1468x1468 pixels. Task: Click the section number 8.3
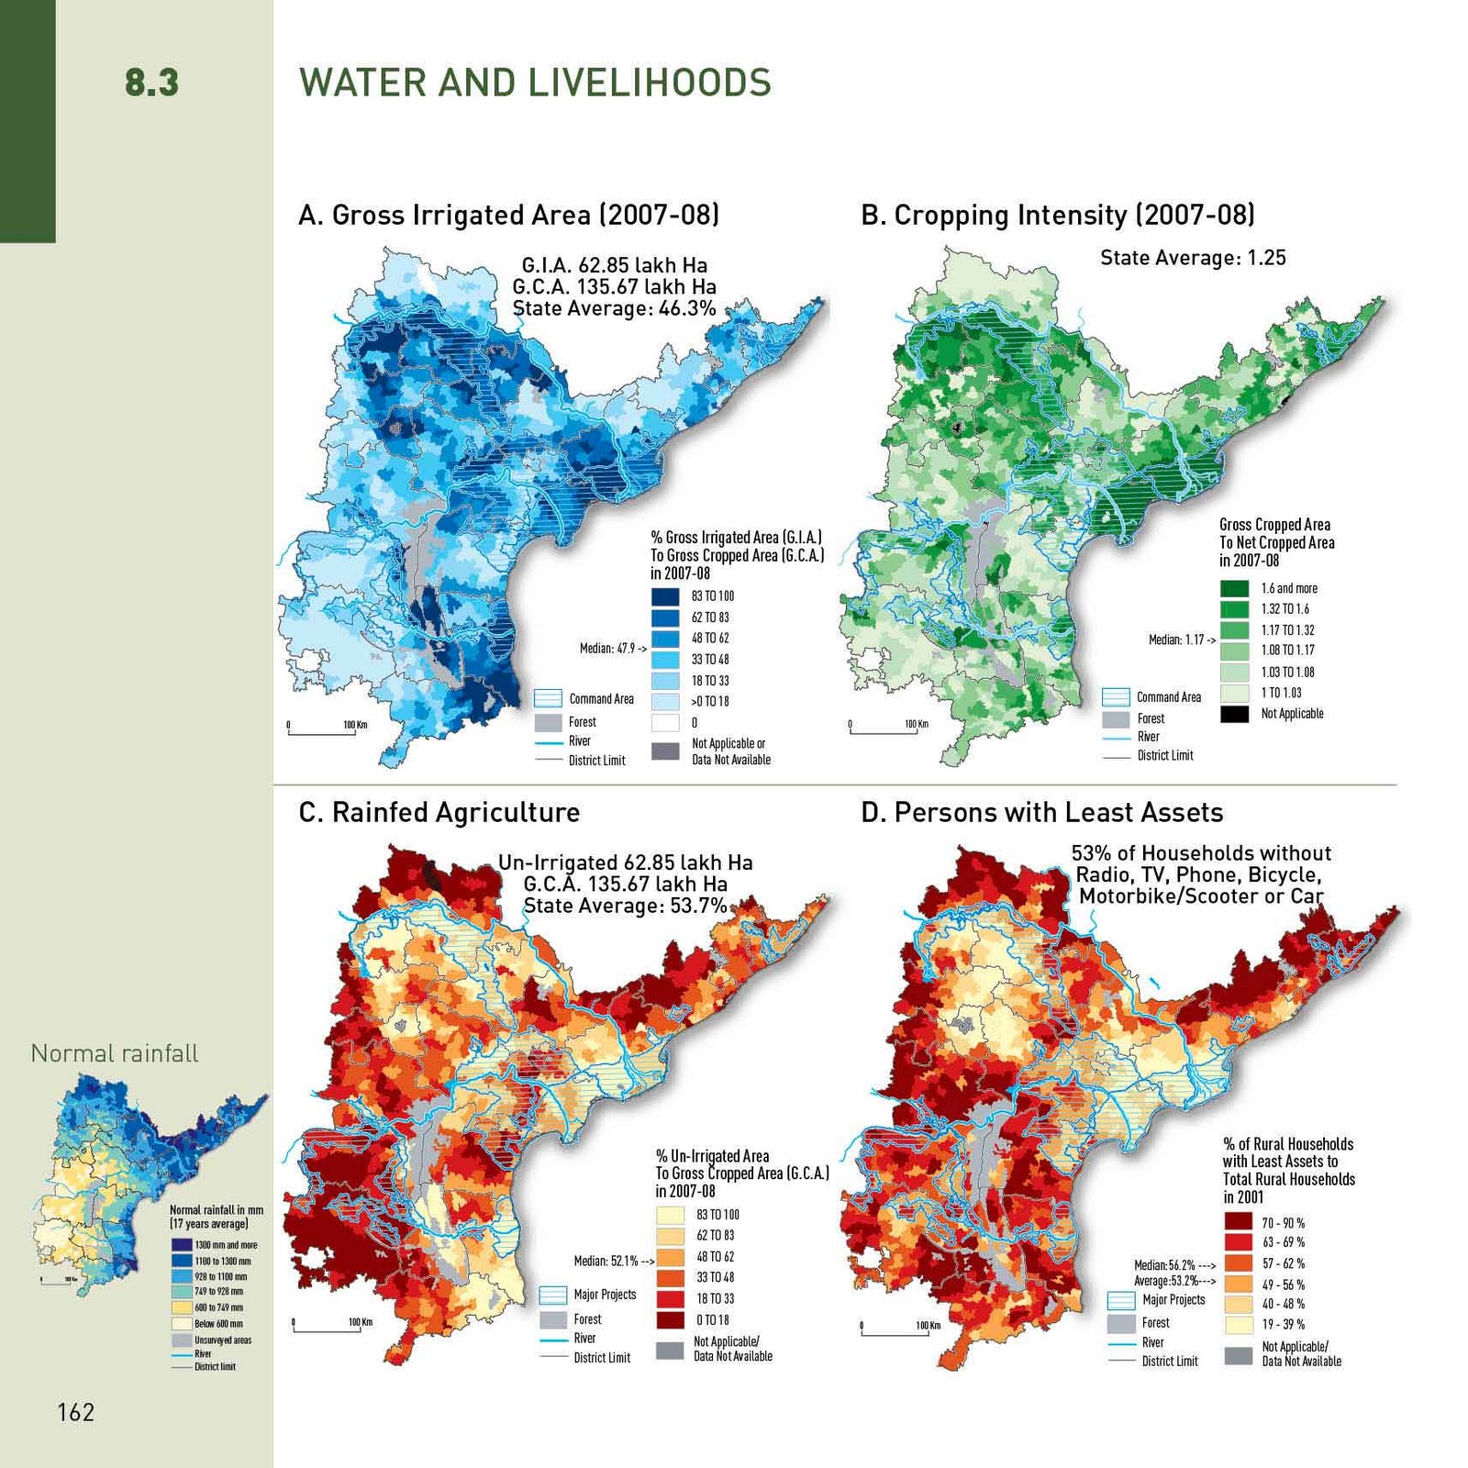point(151,83)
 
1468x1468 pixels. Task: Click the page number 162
point(75,1412)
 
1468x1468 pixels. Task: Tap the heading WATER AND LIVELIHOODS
point(535,83)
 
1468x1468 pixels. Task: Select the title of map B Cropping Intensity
point(1057,215)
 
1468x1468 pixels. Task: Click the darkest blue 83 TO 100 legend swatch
point(665,596)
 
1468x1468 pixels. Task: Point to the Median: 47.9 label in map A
point(612,649)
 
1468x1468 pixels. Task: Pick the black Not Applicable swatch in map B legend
point(1234,714)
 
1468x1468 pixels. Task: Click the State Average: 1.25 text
point(1193,258)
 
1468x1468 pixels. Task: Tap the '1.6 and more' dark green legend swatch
point(1234,588)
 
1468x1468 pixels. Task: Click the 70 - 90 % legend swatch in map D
point(1238,1222)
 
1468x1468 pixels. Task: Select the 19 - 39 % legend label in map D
point(1283,1324)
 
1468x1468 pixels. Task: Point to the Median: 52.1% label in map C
point(613,1261)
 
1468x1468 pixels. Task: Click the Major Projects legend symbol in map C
point(552,1295)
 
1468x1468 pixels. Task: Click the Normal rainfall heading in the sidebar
point(115,1053)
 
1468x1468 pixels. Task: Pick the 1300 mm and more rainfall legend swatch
point(181,1245)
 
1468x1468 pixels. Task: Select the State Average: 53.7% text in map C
point(625,906)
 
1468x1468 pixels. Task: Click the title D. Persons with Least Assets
point(1041,812)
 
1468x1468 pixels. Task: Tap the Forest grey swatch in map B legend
point(1116,718)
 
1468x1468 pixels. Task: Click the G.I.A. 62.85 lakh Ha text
point(614,266)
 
